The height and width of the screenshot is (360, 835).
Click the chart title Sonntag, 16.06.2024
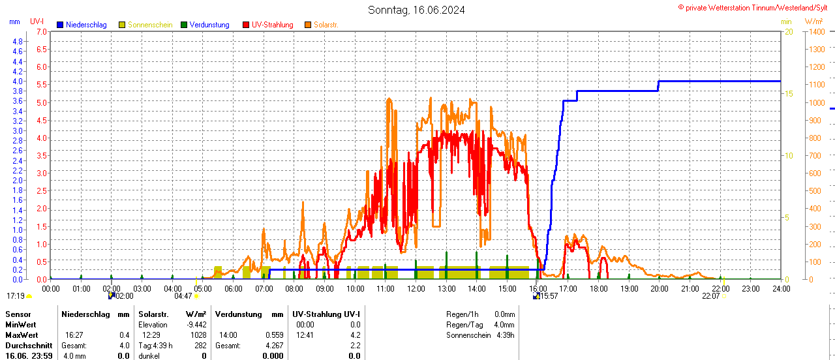coord(416,10)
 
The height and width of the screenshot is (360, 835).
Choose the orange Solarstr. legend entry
coord(325,25)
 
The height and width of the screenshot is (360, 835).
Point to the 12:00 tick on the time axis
coord(416,288)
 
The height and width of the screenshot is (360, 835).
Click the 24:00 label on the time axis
coord(780,288)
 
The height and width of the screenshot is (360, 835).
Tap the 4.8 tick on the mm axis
coord(17,41)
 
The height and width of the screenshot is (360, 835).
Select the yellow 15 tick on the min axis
coord(789,93)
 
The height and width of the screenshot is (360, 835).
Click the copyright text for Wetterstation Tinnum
coord(755,7)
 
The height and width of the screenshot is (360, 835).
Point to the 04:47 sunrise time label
coord(183,296)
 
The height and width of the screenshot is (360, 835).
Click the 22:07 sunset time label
coord(710,296)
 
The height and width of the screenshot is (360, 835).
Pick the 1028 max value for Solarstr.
coord(198,335)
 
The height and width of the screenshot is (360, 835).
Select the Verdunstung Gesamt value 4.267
coord(273,345)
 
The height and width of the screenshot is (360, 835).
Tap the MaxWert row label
coord(21,335)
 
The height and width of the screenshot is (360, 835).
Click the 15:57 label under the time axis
coord(549,296)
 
